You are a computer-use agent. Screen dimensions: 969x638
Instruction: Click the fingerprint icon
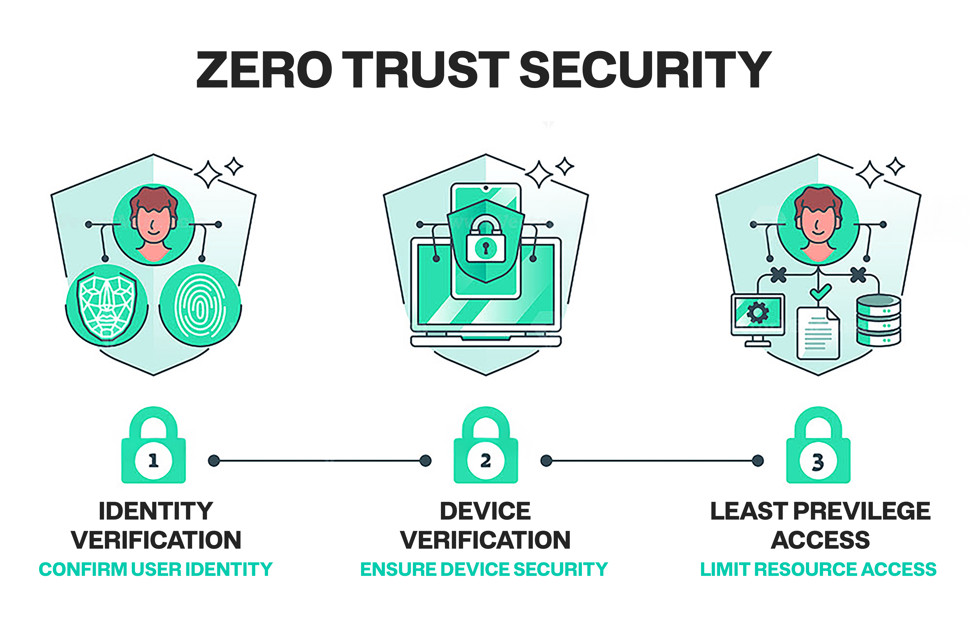pos(200,306)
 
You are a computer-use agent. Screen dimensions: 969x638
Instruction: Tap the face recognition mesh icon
pos(107,306)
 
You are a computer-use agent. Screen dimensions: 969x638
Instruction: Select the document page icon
pos(818,333)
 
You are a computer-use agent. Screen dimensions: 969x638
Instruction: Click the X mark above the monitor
pos(778,275)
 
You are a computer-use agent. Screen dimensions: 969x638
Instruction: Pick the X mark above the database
pos(858,275)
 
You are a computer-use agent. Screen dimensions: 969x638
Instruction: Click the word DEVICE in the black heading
pos(485,511)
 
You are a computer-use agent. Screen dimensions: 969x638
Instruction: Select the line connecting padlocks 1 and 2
pos(320,461)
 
